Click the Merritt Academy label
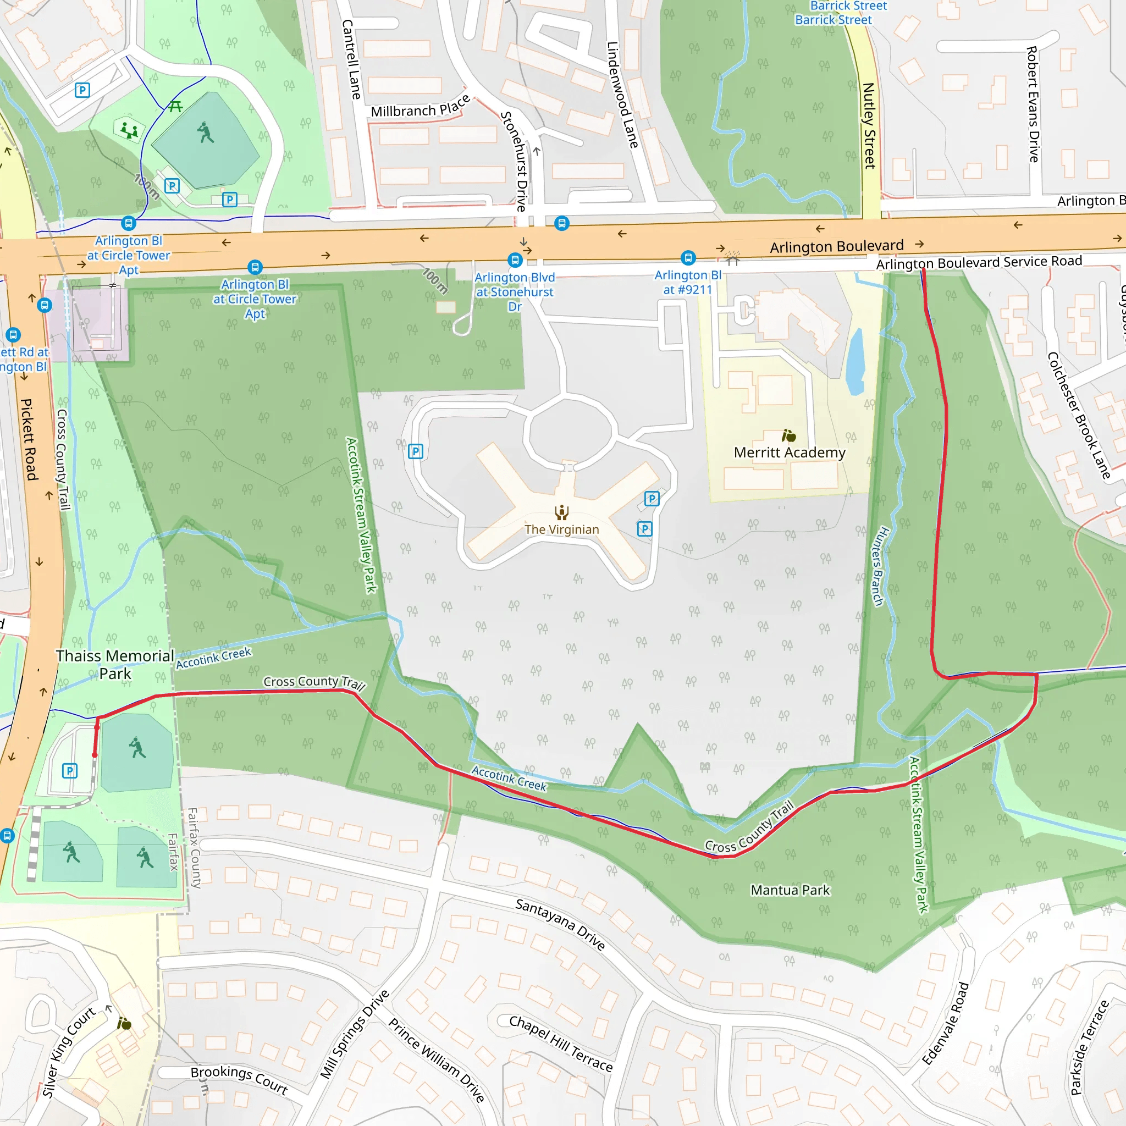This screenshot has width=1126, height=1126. (x=789, y=453)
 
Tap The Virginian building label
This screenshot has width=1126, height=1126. (x=561, y=529)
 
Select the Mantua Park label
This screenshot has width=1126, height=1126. (x=790, y=890)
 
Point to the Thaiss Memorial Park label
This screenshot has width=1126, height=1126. (x=115, y=664)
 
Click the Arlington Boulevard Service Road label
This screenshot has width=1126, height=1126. (x=979, y=263)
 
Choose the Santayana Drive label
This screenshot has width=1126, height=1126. (x=560, y=924)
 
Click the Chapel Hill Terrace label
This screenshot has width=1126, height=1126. (x=561, y=1043)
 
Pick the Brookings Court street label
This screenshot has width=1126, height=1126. (x=239, y=1080)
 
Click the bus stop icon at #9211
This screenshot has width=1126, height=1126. (x=688, y=258)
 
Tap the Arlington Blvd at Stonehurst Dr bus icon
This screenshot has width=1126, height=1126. (x=514, y=260)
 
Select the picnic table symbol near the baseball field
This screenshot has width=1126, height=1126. (x=175, y=107)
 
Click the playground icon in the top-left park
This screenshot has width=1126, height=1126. (x=129, y=129)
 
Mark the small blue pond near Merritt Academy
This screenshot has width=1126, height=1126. (x=855, y=362)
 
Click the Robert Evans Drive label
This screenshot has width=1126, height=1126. (x=1033, y=104)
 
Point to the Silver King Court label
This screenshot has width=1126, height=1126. (x=69, y=1051)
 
